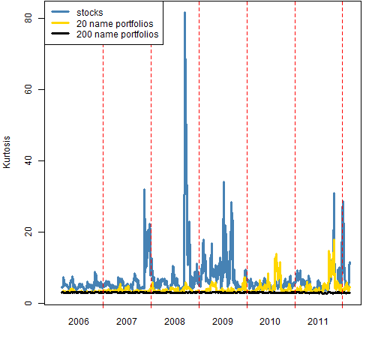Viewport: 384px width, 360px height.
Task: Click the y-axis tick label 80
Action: [28, 18]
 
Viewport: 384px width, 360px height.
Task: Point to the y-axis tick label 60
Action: [28, 89]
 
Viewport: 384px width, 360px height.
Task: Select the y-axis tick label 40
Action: [28, 160]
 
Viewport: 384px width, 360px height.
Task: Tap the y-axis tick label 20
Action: [28, 232]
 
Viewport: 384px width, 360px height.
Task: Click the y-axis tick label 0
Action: [28, 303]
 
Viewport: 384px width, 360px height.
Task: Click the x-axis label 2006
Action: [79, 322]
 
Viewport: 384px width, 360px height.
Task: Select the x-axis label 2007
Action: [127, 322]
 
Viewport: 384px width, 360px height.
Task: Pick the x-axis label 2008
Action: [175, 322]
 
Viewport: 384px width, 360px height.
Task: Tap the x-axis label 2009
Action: [223, 322]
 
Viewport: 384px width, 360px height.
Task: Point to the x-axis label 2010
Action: [270, 322]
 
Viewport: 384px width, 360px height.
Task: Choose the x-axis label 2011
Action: [318, 322]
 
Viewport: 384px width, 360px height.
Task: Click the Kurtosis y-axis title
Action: [7, 152]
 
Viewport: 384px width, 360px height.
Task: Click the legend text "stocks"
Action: [90, 13]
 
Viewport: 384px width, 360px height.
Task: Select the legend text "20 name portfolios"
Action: [115, 24]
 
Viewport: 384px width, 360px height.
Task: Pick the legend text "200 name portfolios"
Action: [118, 34]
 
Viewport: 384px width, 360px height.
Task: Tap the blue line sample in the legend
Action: [60, 12]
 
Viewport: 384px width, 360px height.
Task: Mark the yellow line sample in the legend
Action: [60, 23]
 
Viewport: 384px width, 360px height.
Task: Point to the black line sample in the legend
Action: [60, 34]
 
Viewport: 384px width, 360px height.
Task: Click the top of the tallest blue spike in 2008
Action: [184, 12]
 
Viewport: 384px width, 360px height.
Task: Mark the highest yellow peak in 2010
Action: [276, 254]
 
